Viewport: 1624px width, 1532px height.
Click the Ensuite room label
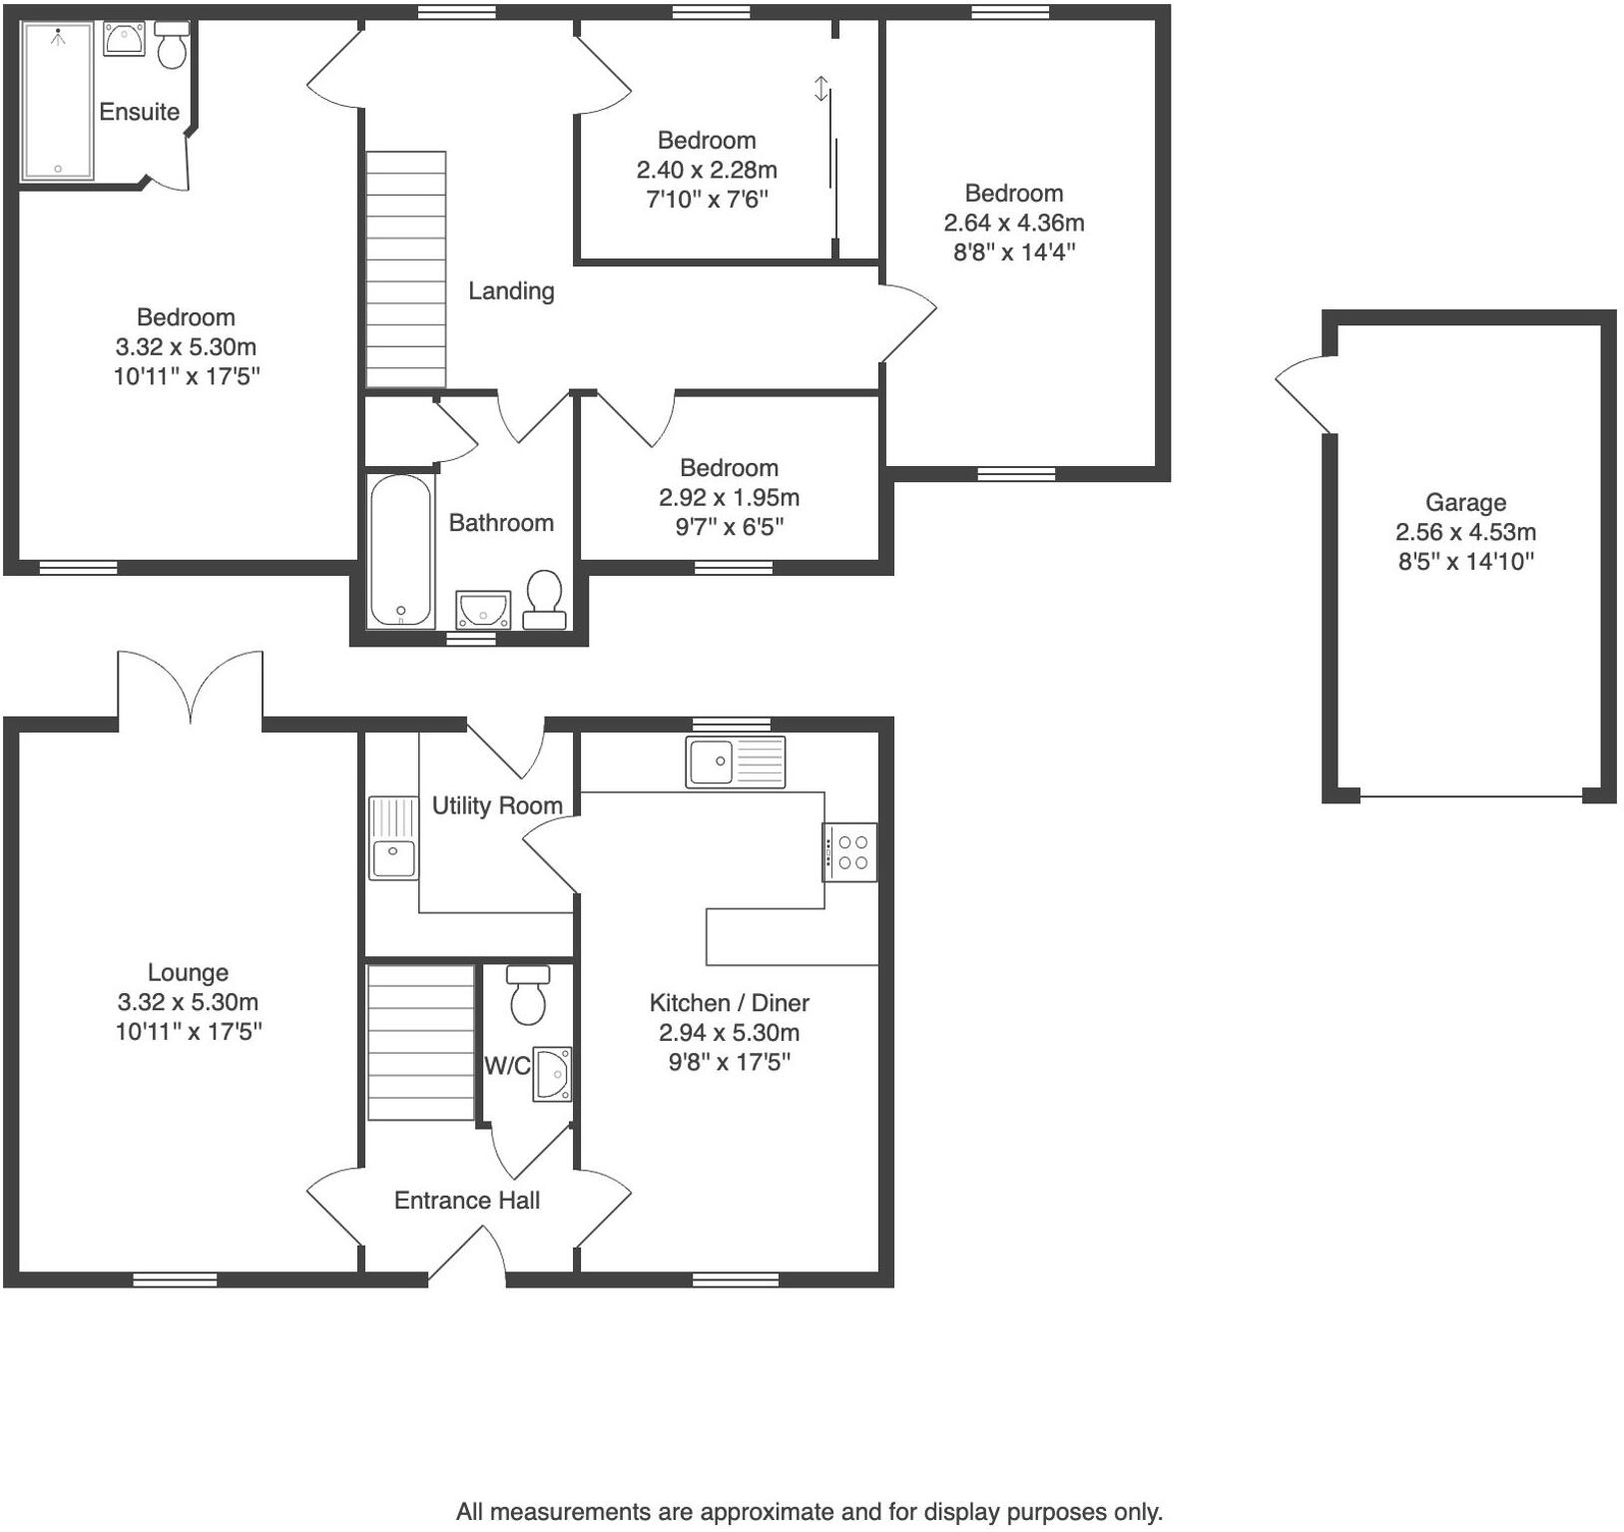tap(139, 112)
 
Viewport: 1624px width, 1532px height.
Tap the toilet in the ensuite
tap(172, 46)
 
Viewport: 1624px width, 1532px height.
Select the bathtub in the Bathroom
tap(400, 550)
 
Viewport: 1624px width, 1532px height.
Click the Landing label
tap(511, 290)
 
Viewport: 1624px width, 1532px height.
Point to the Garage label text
tap(1465, 502)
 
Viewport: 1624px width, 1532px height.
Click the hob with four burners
tap(850, 851)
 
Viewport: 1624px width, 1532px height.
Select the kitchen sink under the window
tap(736, 762)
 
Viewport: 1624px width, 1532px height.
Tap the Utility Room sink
tap(393, 838)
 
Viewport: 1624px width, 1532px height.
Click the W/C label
tap(506, 1066)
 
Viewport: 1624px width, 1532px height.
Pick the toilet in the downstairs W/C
tap(528, 994)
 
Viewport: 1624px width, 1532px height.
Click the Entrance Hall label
tap(466, 1200)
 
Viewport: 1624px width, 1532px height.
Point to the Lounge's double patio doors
tap(191, 689)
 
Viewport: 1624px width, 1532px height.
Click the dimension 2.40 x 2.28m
tap(707, 170)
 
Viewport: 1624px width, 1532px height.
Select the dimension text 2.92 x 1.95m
tap(729, 497)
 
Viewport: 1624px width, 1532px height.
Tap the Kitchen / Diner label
tap(729, 1003)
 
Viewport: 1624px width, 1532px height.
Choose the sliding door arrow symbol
tap(821, 89)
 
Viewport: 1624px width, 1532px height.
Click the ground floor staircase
tap(421, 1042)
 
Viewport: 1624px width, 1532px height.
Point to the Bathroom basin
tap(484, 609)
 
